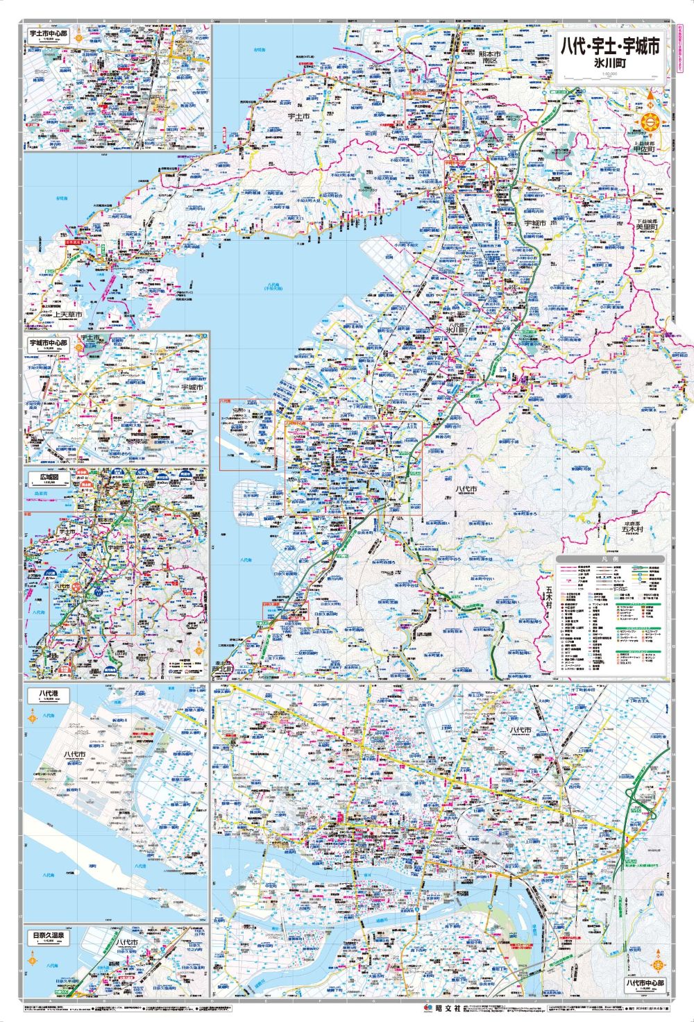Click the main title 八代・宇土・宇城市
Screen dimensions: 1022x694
[x=610, y=47]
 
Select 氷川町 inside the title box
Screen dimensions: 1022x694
[x=610, y=62]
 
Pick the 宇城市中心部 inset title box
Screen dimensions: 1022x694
[x=49, y=343]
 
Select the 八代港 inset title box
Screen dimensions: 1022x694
[x=47, y=694]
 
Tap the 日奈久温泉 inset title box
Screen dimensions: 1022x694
[x=49, y=935]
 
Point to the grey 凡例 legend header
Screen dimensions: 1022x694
[x=611, y=559]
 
